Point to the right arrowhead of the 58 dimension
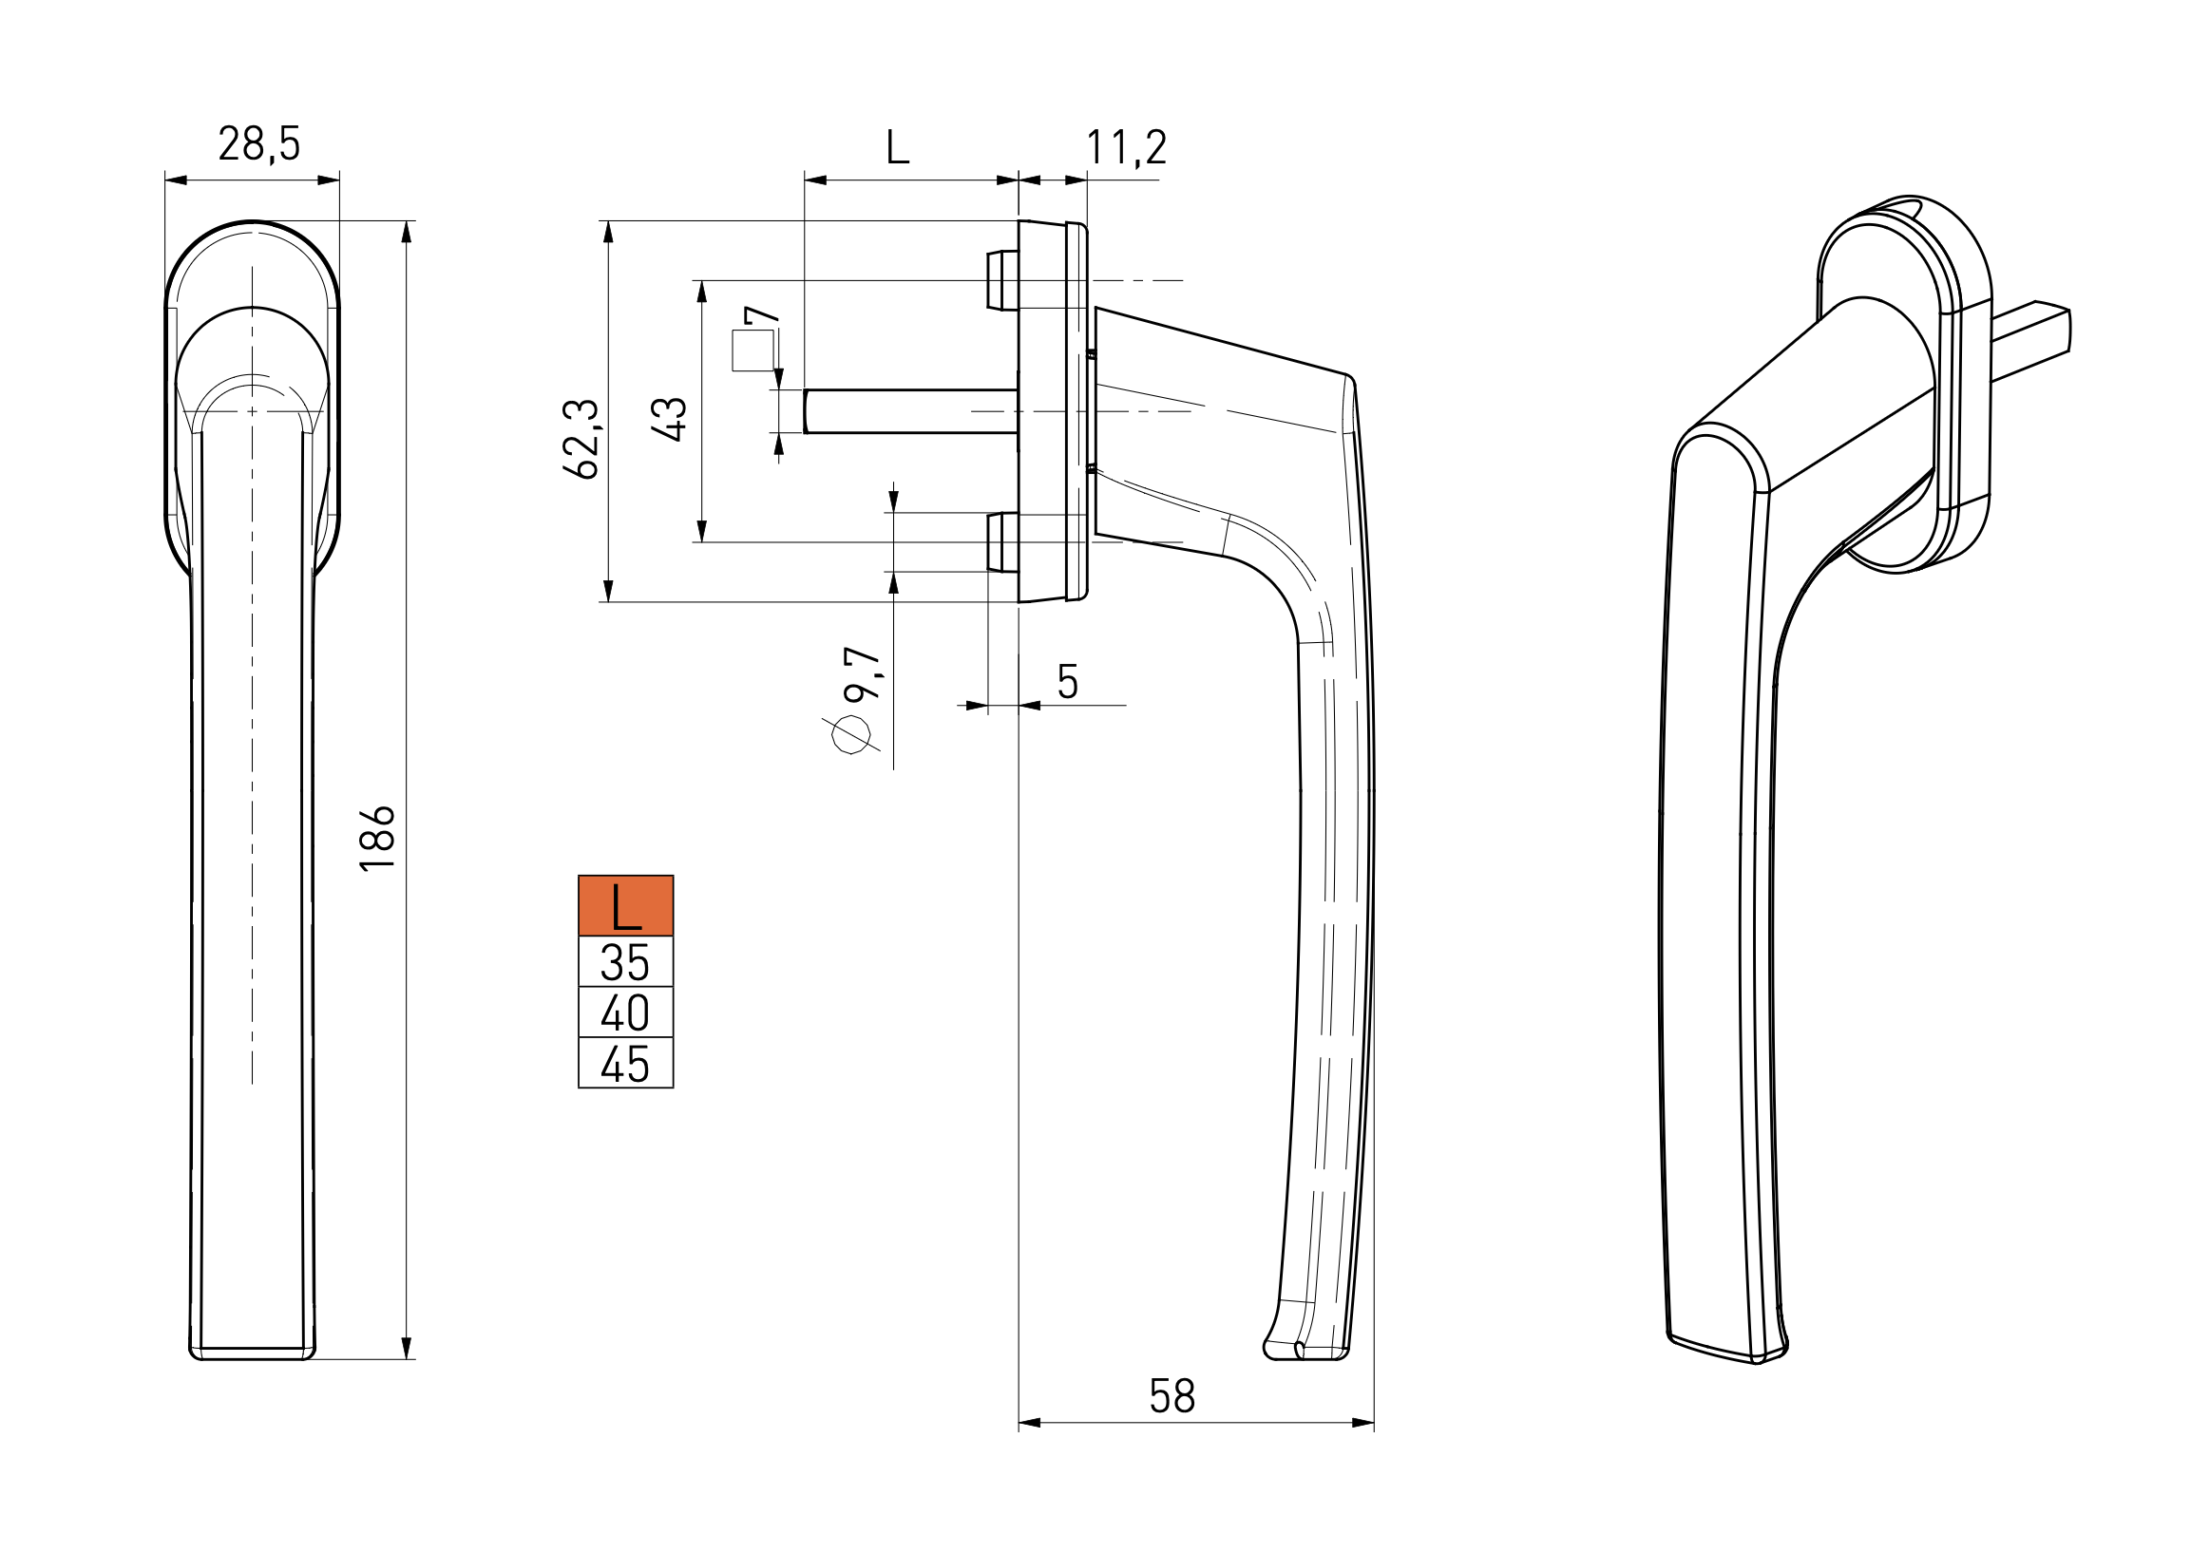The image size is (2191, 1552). (x=1363, y=1423)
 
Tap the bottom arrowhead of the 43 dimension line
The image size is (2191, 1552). (x=702, y=530)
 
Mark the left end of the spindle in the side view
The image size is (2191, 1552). (x=805, y=412)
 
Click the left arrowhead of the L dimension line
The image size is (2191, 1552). (x=815, y=179)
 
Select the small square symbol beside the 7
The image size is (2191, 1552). (x=753, y=350)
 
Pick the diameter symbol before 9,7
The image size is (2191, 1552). (x=850, y=734)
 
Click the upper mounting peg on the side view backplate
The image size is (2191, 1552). (x=1002, y=280)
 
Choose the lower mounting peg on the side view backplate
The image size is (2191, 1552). (x=1002, y=541)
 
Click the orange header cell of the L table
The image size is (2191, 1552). (x=626, y=905)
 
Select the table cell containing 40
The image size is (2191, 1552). (x=626, y=1013)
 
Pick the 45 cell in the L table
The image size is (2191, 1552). (x=626, y=1063)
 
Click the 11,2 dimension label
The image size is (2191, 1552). (x=1126, y=148)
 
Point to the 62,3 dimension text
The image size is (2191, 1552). (x=581, y=439)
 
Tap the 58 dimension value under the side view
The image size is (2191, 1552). (x=1172, y=1396)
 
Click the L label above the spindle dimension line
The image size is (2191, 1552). (x=898, y=147)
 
